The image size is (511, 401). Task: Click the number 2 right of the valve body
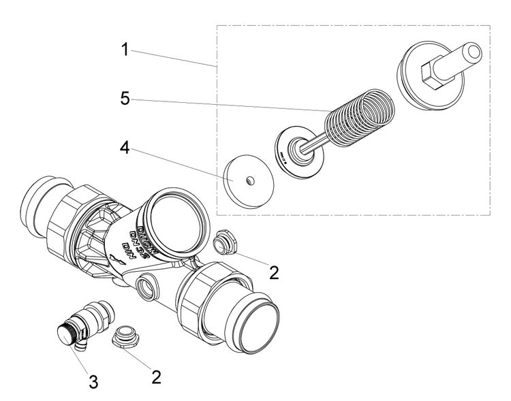[273, 272]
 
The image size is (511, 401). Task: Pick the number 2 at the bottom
[156, 376]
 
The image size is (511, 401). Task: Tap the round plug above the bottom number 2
[123, 336]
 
